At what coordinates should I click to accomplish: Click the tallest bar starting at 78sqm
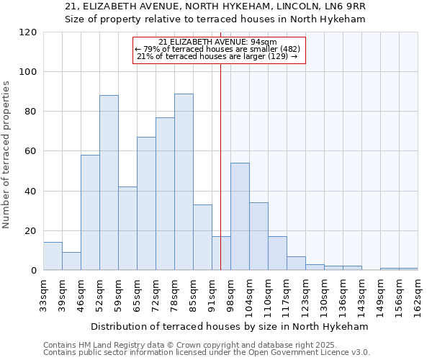coord(184,182)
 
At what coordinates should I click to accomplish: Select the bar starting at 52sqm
coord(109,183)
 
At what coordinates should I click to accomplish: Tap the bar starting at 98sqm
coord(240,217)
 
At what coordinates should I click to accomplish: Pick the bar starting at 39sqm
coord(71,261)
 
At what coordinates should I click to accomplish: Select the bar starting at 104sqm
coord(258,236)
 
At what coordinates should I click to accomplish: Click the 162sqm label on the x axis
coord(418,294)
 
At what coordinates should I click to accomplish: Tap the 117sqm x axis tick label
coord(287,294)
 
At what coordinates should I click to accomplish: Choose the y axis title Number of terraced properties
coord(6,155)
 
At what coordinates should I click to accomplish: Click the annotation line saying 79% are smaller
coord(220,49)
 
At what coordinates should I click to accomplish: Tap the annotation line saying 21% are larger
coord(217,56)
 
